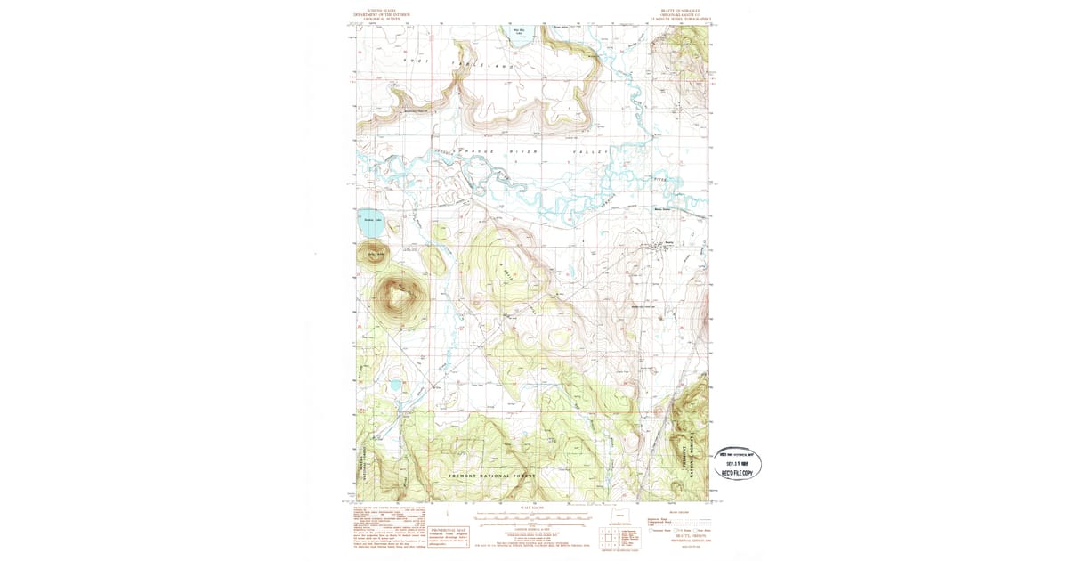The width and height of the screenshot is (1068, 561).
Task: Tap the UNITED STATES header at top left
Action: [384, 8]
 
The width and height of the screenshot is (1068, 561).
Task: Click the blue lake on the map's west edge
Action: [371, 224]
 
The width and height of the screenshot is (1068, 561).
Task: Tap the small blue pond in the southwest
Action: [394, 386]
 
